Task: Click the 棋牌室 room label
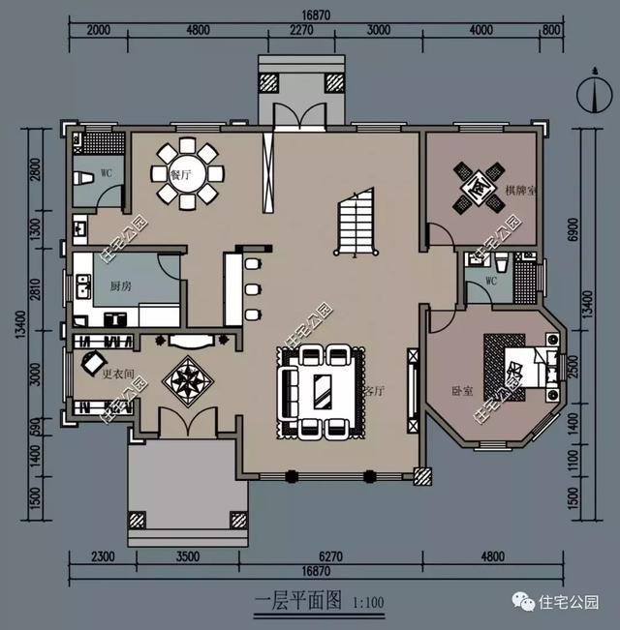520,190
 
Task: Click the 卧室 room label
462,391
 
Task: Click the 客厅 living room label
375,391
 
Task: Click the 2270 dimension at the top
302,29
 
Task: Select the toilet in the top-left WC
83,178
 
